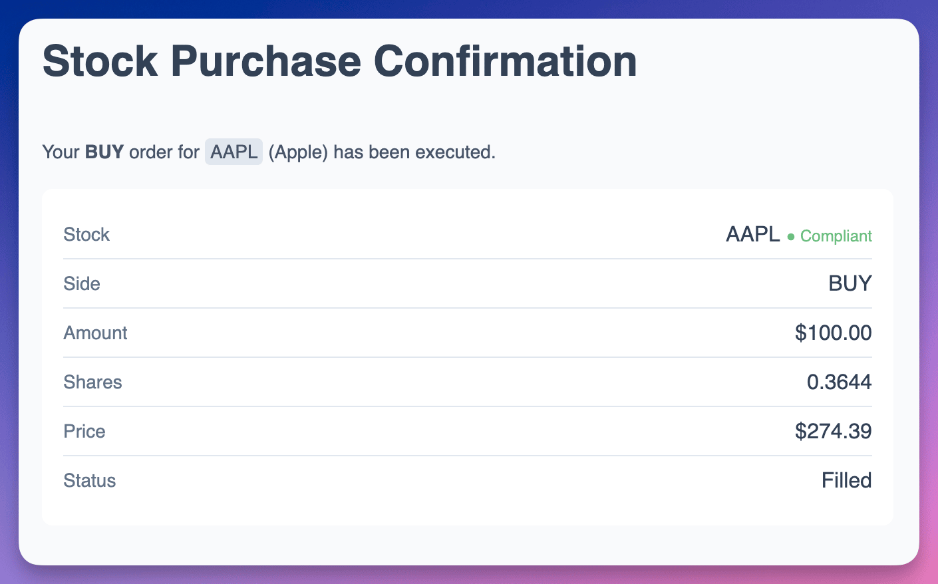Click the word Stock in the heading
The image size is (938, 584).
coord(100,61)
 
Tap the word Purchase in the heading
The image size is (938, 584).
coord(266,61)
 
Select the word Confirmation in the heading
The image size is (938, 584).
coord(505,61)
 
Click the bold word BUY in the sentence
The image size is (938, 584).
coord(104,152)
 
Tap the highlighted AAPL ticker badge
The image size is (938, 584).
coord(234,152)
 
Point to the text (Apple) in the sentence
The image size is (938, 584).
coord(298,152)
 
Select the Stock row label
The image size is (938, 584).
coord(86,234)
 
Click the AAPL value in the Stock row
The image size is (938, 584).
coord(753,234)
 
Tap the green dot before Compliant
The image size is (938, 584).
coord(790,237)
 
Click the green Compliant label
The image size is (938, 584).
coord(836,236)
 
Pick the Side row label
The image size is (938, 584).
coord(82,283)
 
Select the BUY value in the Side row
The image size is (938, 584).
coord(850,283)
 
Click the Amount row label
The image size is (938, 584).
coord(95,333)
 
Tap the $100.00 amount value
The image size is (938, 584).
coord(834,333)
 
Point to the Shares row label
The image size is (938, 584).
coord(92,382)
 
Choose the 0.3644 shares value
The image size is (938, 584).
coord(839,382)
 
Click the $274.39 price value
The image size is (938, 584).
coord(834,431)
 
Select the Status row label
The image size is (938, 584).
coord(89,480)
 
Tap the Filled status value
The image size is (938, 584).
coord(846,480)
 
